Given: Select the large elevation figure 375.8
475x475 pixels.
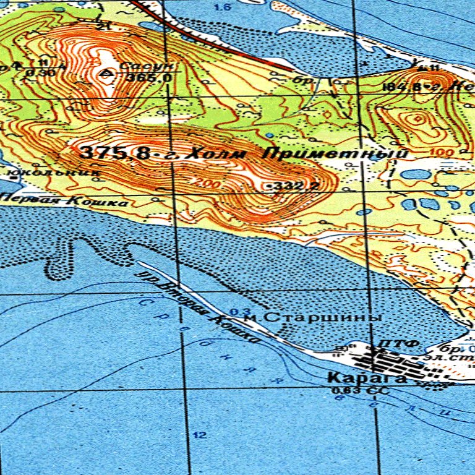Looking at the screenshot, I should [x=115, y=152].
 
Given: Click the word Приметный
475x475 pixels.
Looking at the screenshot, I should [x=335, y=154].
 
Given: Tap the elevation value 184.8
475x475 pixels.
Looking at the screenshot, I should [x=404, y=87].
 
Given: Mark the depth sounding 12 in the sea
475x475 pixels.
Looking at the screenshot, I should [x=199, y=435].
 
